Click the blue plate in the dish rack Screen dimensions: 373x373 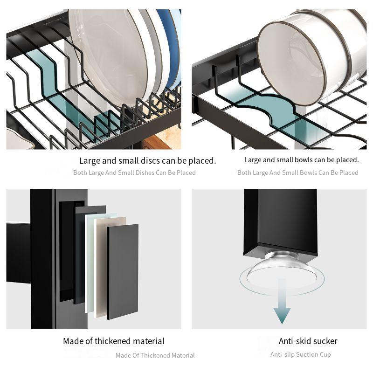(x=171, y=47)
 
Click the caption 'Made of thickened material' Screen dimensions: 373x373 (x=114, y=341)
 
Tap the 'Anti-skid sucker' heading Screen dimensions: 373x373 (x=308, y=341)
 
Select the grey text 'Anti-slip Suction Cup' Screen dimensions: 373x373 (x=300, y=354)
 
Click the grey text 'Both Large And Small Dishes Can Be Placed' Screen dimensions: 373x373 (x=134, y=173)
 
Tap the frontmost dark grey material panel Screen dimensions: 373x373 (x=123, y=270)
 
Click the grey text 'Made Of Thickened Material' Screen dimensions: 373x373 (x=155, y=355)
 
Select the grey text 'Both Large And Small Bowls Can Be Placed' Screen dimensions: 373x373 (x=297, y=173)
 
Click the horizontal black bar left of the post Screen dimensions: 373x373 (x=19, y=252)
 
